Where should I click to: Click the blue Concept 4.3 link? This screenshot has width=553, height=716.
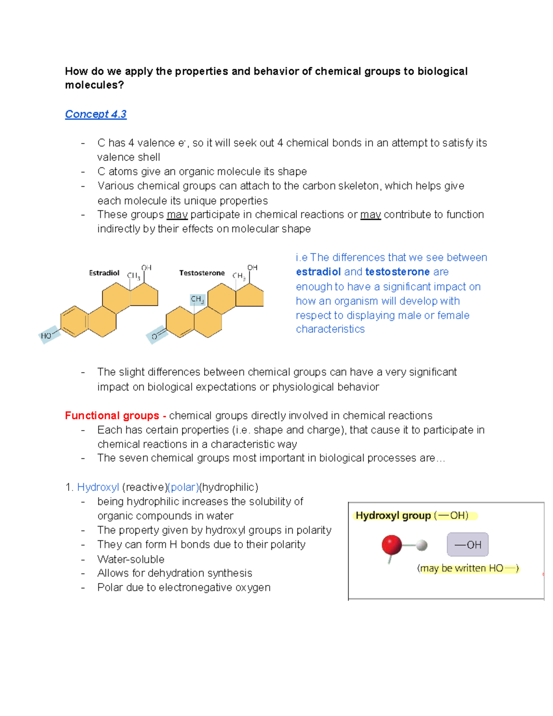coord(95,114)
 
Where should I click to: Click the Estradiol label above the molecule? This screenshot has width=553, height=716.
coord(104,273)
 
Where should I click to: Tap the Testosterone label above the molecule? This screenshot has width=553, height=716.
coord(202,273)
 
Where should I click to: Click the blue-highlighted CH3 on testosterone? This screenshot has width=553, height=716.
coord(197,299)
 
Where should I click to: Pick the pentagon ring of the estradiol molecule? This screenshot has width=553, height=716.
coord(144,295)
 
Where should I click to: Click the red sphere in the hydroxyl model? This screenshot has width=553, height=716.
coord(392,545)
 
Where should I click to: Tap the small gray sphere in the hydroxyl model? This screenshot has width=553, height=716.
coord(422,546)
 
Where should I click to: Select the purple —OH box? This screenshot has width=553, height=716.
coord(467,544)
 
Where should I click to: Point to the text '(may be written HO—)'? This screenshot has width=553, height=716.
coord(468,568)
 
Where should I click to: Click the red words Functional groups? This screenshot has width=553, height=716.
coord(112,415)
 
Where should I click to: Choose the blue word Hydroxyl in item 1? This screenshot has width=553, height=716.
coord(98,487)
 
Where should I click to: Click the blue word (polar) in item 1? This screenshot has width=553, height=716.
coord(183,487)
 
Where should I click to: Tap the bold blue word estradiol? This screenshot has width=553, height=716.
coord(318,272)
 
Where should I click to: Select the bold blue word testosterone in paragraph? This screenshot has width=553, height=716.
coord(397,272)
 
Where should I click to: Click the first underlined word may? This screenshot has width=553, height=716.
coord(177,215)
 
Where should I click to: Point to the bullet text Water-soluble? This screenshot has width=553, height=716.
coord(131,559)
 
